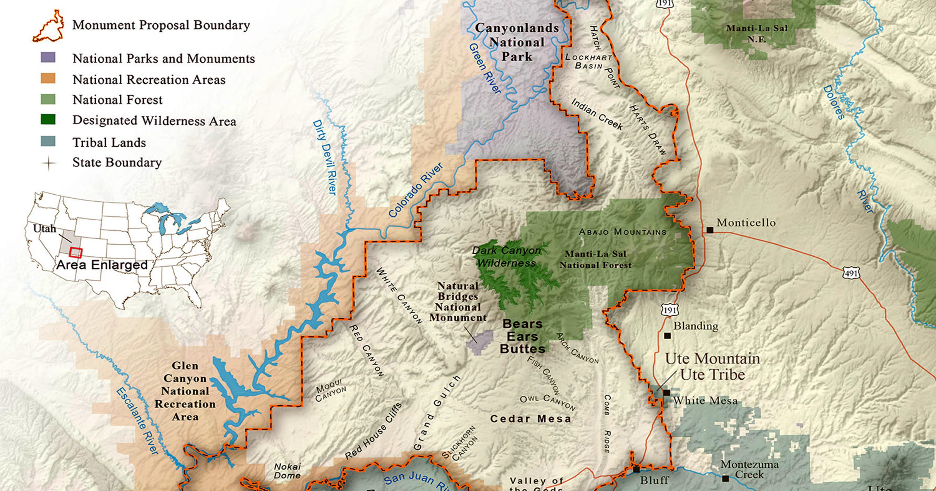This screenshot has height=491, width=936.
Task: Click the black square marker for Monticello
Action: (x=710, y=230)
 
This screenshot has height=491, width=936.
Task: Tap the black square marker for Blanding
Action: (x=667, y=336)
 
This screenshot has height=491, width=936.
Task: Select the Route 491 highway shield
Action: (x=851, y=273)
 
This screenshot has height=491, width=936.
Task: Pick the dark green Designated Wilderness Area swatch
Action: (x=48, y=120)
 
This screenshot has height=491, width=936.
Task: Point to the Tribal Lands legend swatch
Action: (x=48, y=141)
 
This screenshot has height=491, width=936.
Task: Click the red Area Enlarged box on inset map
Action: (x=75, y=253)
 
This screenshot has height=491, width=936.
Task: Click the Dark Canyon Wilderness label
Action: (x=507, y=256)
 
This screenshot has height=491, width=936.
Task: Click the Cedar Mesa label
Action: (x=531, y=419)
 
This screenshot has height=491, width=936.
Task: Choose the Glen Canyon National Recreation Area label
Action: (x=185, y=391)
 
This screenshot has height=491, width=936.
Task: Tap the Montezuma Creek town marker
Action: (x=725, y=479)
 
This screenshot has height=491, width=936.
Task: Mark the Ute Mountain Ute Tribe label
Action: (x=712, y=367)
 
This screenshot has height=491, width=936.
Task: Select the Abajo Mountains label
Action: (x=622, y=232)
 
